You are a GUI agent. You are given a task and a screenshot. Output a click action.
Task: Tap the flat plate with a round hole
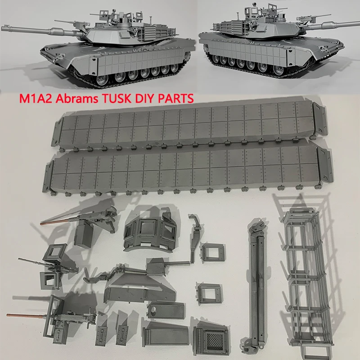[165, 310]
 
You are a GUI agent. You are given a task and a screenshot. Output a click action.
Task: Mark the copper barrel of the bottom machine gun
[27, 315]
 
